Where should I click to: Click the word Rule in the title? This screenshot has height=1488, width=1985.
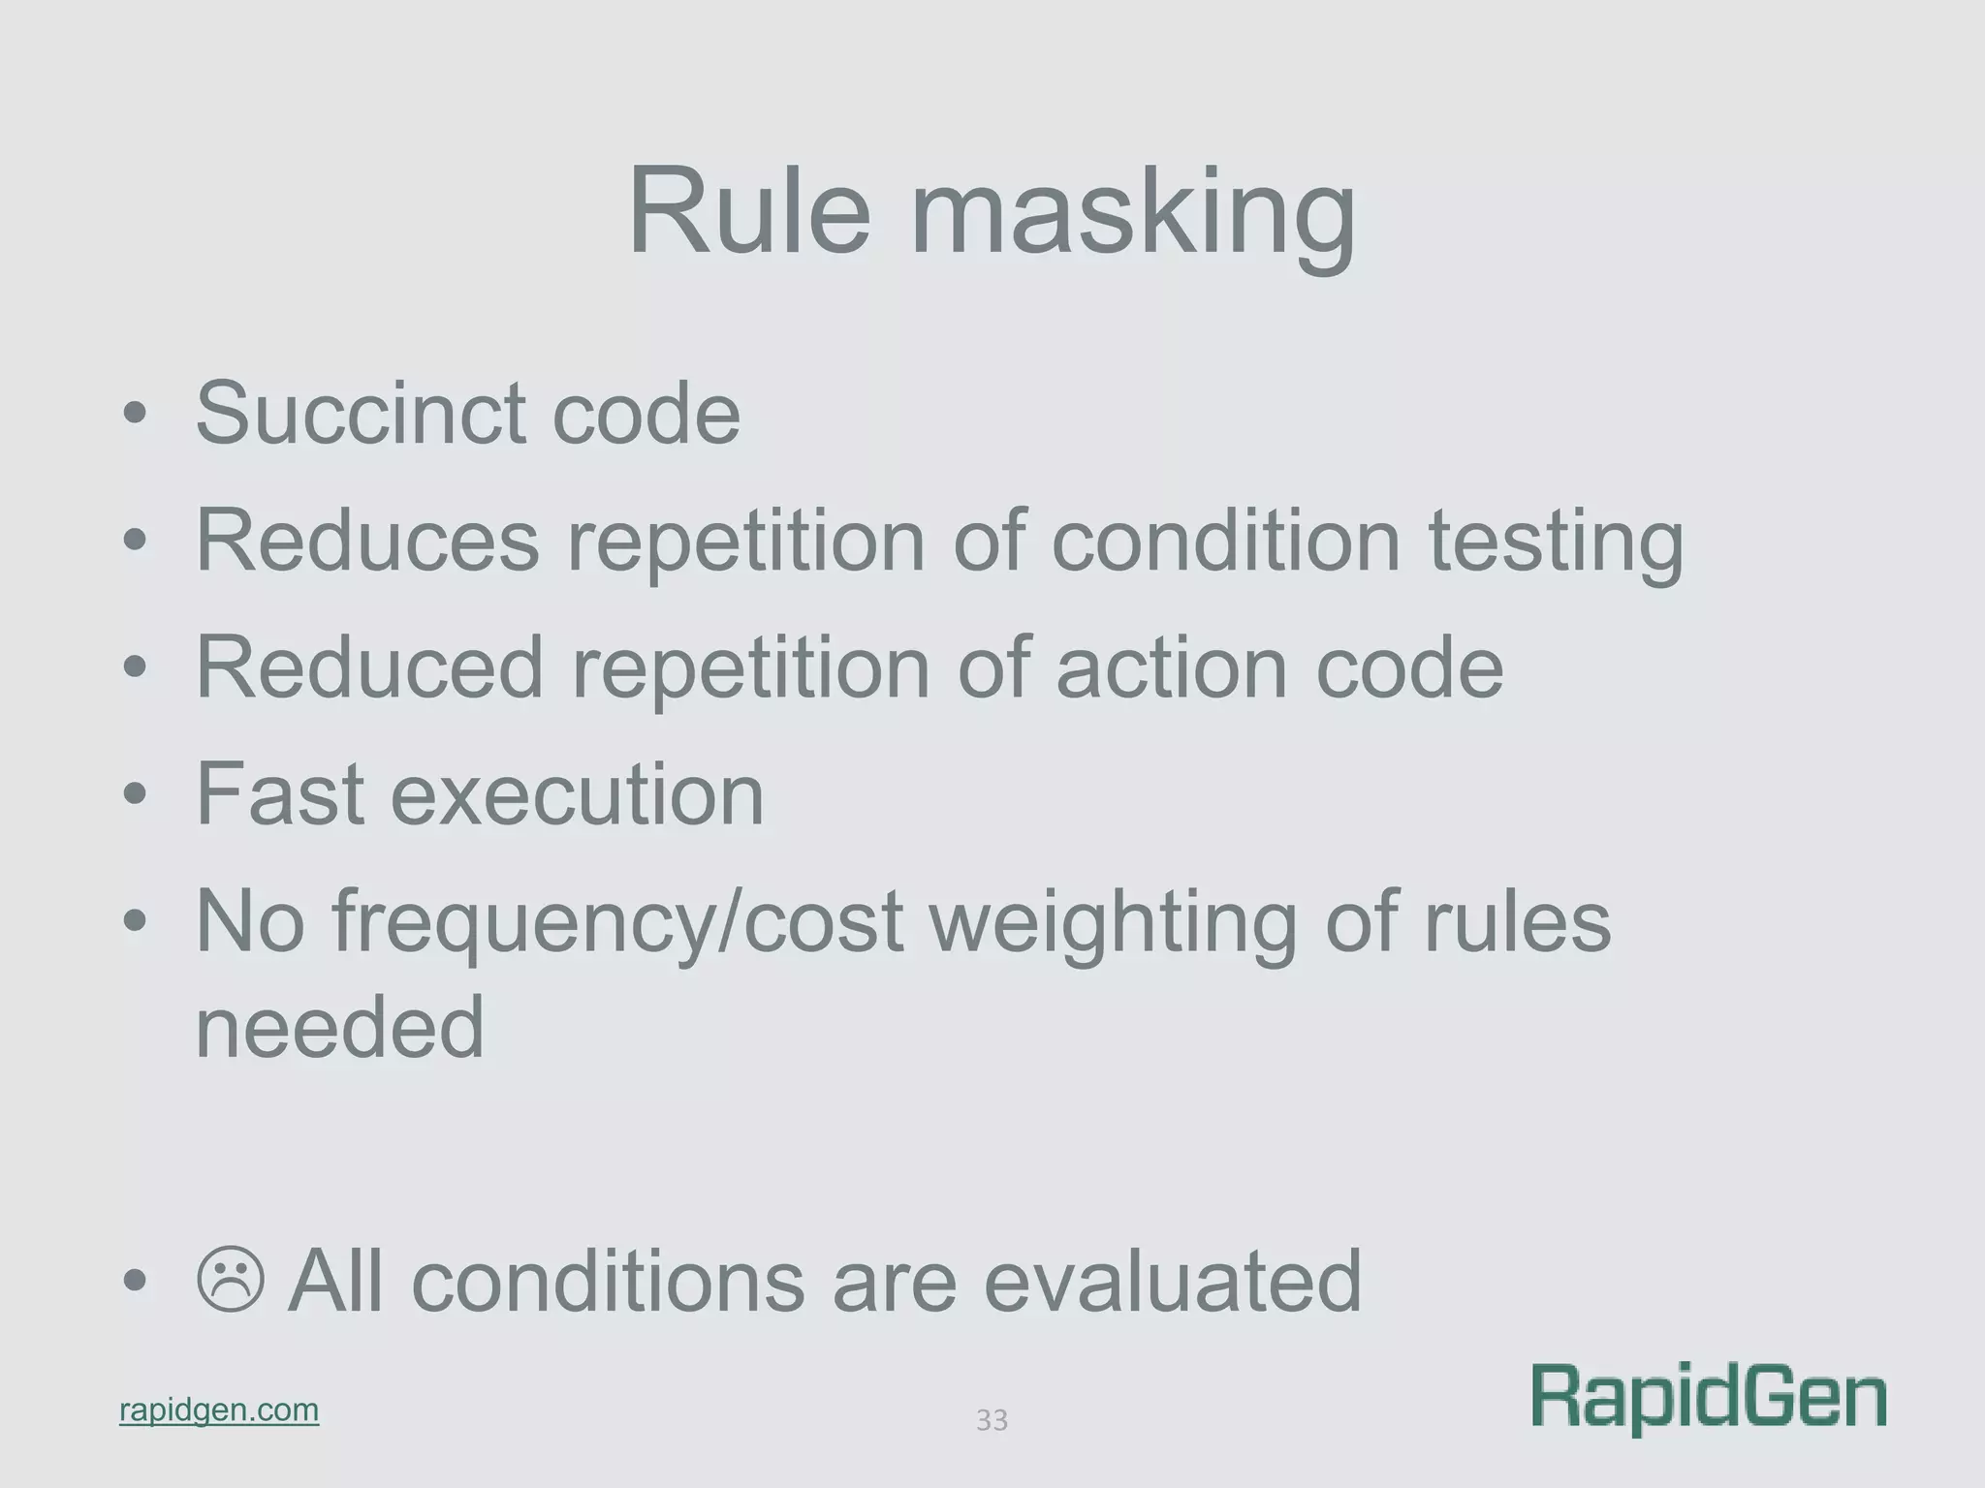[748, 211]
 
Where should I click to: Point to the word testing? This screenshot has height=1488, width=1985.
[1556, 542]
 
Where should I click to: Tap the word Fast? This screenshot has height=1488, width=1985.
[280, 794]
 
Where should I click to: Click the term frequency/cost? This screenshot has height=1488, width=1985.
[617, 922]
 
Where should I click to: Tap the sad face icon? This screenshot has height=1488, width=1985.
[231, 1280]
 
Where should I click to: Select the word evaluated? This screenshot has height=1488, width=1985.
[1172, 1281]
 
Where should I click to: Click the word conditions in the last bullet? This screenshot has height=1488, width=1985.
[608, 1281]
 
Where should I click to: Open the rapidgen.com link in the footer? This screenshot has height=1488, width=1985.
[219, 1410]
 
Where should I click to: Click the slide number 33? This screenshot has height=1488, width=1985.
[992, 1420]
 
